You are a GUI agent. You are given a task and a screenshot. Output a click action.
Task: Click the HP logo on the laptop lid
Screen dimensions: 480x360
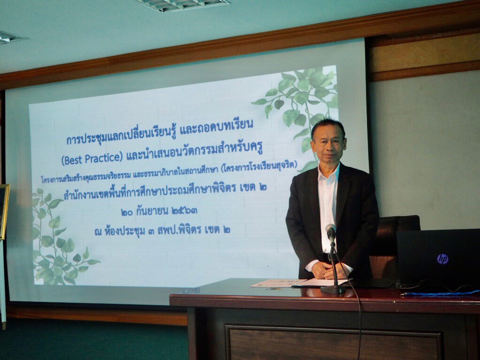tap(442, 259)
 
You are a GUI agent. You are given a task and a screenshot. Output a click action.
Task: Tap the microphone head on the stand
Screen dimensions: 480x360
tap(330, 231)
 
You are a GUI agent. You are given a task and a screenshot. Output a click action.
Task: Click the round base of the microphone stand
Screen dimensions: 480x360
tap(333, 289)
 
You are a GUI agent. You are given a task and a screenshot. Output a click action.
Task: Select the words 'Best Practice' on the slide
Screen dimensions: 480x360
tap(92, 158)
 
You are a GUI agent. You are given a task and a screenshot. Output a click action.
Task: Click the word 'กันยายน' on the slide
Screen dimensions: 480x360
tap(152, 210)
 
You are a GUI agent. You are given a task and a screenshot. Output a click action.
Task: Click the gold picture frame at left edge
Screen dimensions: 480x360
tap(4, 211)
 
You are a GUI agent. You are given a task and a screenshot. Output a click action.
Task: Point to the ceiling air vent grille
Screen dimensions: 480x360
tap(182, 5)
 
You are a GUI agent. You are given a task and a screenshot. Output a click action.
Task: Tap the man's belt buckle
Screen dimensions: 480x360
tap(330, 258)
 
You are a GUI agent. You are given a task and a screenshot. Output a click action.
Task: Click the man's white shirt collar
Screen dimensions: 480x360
tap(329, 172)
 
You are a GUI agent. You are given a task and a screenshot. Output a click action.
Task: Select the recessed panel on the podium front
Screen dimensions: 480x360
tap(333, 343)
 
